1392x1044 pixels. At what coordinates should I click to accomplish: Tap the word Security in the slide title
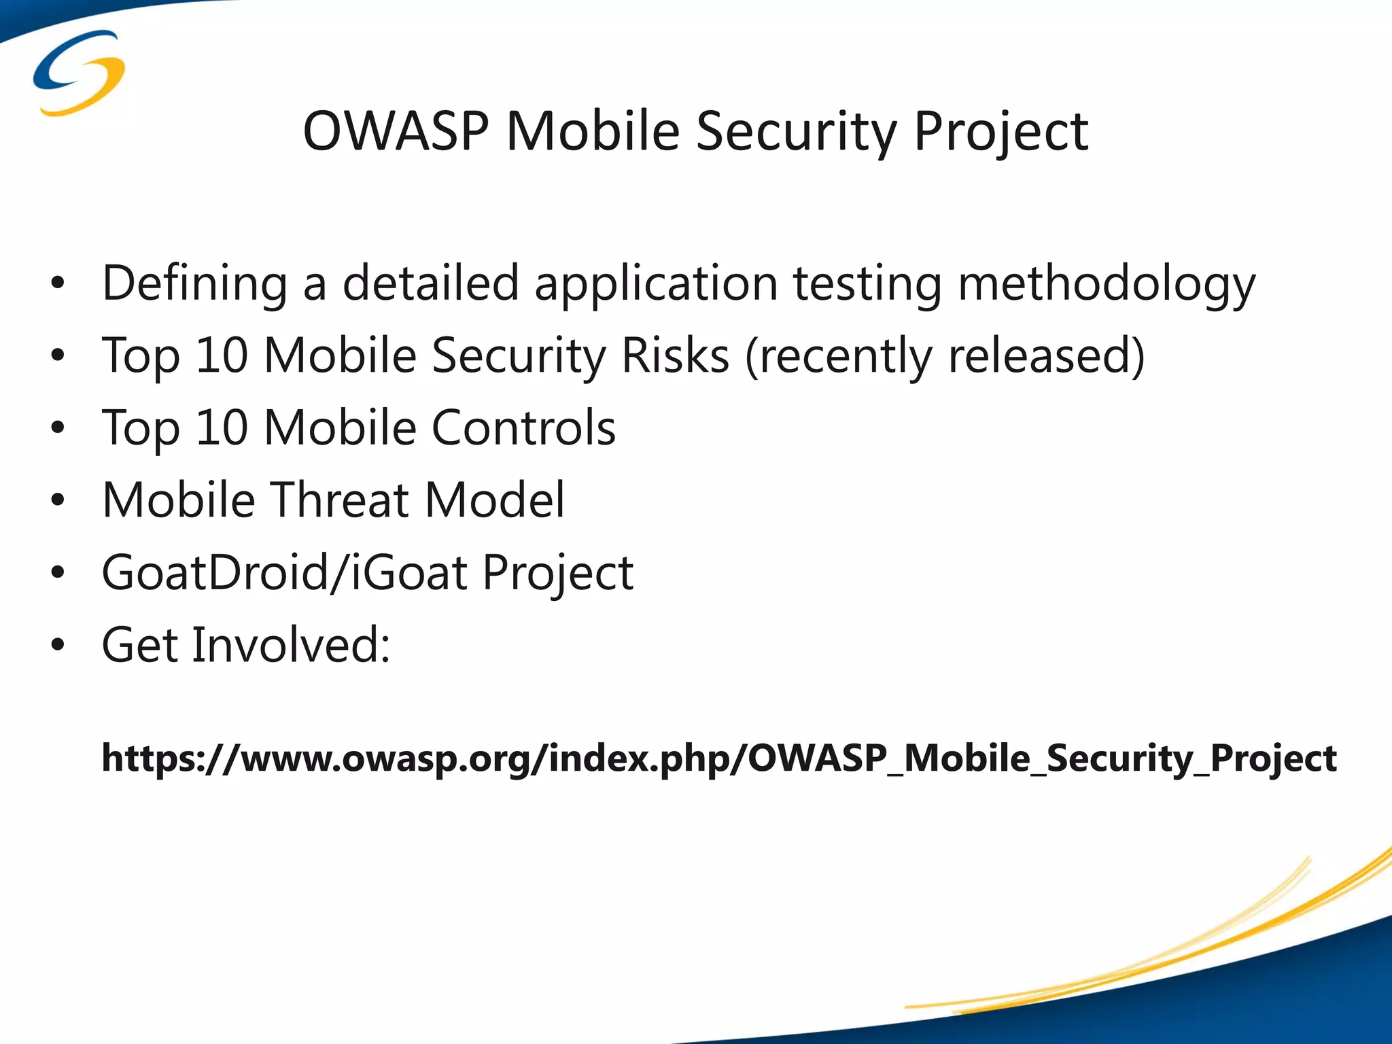[x=796, y=130]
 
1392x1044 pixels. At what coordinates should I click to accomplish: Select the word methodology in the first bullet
[x=1107, y=283]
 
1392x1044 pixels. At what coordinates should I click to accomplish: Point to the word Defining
[x=194, y=283]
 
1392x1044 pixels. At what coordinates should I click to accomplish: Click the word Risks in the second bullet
[x=675, y=355]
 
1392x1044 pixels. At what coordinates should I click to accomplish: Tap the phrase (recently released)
[x=945, y=355]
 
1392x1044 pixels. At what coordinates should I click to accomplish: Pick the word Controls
[x=523, y=428]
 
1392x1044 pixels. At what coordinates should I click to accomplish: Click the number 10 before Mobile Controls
[x=222, y=428]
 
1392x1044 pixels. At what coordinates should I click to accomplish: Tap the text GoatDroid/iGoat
[x=284, y=572]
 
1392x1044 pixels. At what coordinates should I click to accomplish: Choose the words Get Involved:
[x=246, y=644]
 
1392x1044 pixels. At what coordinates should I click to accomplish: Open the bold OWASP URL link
[x=718, y=758]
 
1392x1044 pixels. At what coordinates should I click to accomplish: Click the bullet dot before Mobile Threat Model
[x=58, y=500]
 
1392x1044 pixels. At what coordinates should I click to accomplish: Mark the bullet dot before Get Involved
[x=58, y=645]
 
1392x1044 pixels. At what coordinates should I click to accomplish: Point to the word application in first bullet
[x=656, y=283]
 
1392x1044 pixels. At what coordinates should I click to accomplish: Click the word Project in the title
[x=1000, y=130]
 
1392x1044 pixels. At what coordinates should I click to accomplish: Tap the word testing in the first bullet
[x=867, y=283]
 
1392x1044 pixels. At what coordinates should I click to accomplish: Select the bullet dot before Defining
[x=58, y=283]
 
